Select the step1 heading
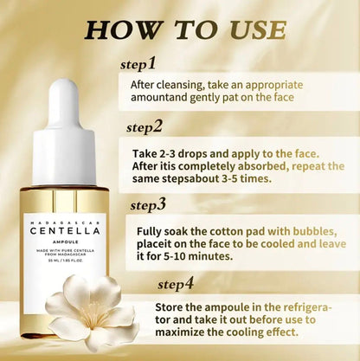(x=138, y=63)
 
